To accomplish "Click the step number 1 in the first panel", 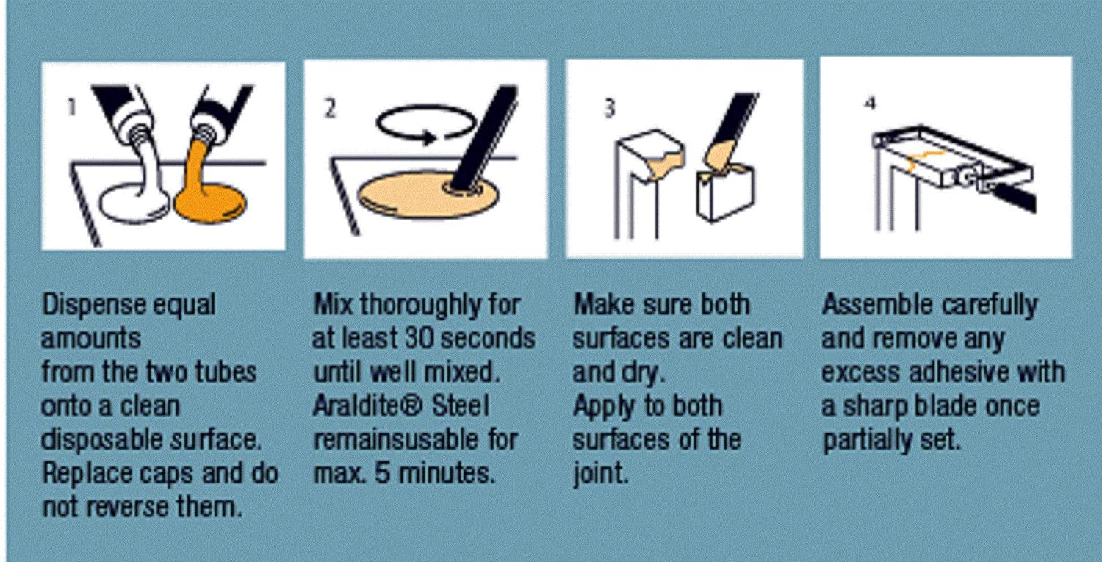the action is (x=72, y=107).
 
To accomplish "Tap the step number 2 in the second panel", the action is (x=330, y=108).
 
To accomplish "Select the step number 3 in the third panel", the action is (x=609, y=109).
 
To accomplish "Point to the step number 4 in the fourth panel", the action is (x=871, y=104).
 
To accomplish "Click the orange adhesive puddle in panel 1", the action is (x=211, y=203).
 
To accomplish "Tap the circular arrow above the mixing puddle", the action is (x=426, y=125).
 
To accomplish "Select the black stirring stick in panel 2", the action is (x=485, y=138).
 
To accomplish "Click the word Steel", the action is (x=461, y=406).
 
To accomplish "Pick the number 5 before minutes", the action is (x=382, y=473).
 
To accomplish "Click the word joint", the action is (x=601, y=474).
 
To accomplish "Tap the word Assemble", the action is (x=877, y=305).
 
